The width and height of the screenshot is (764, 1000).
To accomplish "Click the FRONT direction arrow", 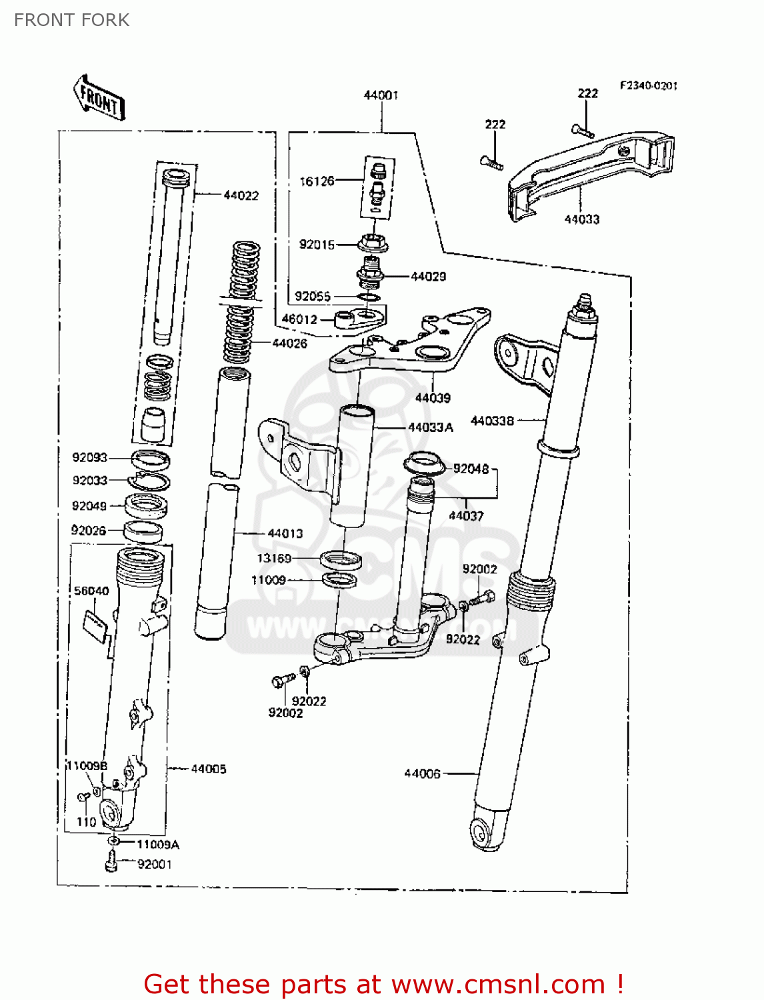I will pyautogui.click(x=99, y=98).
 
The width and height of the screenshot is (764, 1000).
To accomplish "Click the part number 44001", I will pyautogui.click(x=381, y=95).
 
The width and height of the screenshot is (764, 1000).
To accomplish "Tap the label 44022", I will pyautogui.click(x=241, y=195).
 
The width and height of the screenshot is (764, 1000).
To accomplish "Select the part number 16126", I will pyautogui.click(x=317, y=181).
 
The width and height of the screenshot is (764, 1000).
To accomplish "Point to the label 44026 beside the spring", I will pyautogui.click(x=289, y=343).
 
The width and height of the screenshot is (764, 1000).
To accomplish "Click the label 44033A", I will pyautogui.click(x=430, y=427).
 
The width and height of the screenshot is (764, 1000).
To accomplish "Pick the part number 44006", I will pyautogui.click(x=422, y=773).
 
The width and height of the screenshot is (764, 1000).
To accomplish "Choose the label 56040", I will pyautogui.click(x=91, y=591).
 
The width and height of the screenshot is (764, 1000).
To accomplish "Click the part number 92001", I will pyautogui.click(x=155, y=865).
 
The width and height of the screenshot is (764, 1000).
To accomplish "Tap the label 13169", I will pyautogui.click(x=274, y=558).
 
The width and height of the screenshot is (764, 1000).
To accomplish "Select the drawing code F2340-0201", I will pyautogui.click(x=648, y=85).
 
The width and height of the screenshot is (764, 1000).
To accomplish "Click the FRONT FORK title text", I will pyautogui.click(x=72, y=20).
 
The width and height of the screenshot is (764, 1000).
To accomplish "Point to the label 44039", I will pyautogui.click(x=433, y=398).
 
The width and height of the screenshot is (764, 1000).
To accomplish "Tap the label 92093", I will pyautogui.click(x=89, y=457).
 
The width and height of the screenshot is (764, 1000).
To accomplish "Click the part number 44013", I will pyautogui.click(x=285, y=533).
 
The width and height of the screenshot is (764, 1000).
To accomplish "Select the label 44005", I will pyautogui.click(x=208, y=769).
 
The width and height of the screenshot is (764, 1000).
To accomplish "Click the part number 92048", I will pyautogui.click(x=471, y=469).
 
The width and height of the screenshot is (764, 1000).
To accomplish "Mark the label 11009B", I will pyautogui.click(x=87, y=765).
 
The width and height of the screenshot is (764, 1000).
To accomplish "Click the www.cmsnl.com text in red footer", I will pyautogui.click(x=498, y=984).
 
